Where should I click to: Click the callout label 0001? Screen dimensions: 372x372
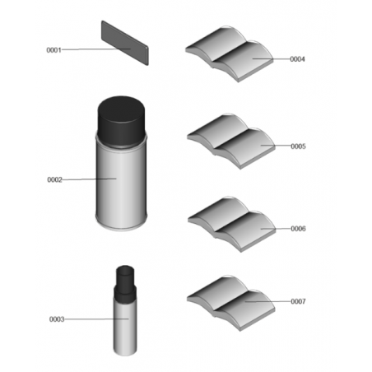pyautogui.click(x=53, y=50)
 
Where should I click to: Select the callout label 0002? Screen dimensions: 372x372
pyautogui.click(x=55, y=179)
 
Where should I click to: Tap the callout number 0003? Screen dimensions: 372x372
pyautogui.click(x=57, y=319)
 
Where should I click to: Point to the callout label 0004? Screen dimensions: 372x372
pyautogui.click(x=297, y=59)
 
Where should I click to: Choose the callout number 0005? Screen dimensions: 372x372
pyautogui.click(x=298, y=146)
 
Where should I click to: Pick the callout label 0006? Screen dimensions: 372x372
pyautogui.click(x=298, y=229)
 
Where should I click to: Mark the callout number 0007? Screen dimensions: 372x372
pyautogui.click(x=298, y=301)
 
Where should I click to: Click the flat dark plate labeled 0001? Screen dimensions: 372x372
pyautogui.click(x=125, y=43)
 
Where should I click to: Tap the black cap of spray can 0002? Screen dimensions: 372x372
pyautogui.click(x=121, y=121)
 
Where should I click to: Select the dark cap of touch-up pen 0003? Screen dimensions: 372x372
pyautogui.click(x=125, y=282)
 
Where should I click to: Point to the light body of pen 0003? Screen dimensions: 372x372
pyautogui.click(x=125, y=327)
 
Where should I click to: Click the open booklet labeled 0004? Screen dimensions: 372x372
pyautogui.click(x=230, y=53)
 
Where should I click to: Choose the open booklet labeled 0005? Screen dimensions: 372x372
pyautogui.click(x=231, y=141)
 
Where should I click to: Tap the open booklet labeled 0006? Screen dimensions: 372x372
pyautogui.click(x=232, y=224)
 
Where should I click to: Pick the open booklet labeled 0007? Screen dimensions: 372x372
pyautogui.click(x=230, y=303)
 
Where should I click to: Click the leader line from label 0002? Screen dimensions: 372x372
pyautogui.click(x=90, y=179)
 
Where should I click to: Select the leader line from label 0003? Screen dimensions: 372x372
pyautogui.click(x=96, y=319)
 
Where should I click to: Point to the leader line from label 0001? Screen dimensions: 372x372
pyautogui.click(x=96, y=49)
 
